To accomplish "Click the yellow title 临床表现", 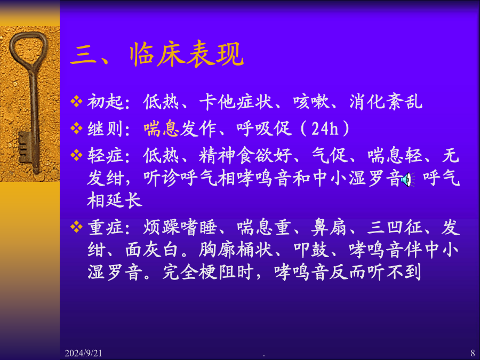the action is [187, 54].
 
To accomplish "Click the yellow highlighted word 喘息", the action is [161, 128].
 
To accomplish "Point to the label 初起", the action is [105, 102].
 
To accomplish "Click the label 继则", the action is [105, 128].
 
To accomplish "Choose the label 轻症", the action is [105, 155].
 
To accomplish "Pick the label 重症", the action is [105, 227].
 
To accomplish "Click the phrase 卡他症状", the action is [236, 102].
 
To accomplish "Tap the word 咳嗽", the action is [311, 102].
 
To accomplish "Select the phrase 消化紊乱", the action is [386, 102].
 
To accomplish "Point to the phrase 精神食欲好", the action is [245, 155].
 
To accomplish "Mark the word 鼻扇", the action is [329, 227].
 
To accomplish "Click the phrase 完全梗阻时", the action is [208, 272].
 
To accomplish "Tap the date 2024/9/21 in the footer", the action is [83, 353].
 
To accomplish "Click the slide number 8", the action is [473, 353].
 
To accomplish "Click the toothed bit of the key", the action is [25, 148].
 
